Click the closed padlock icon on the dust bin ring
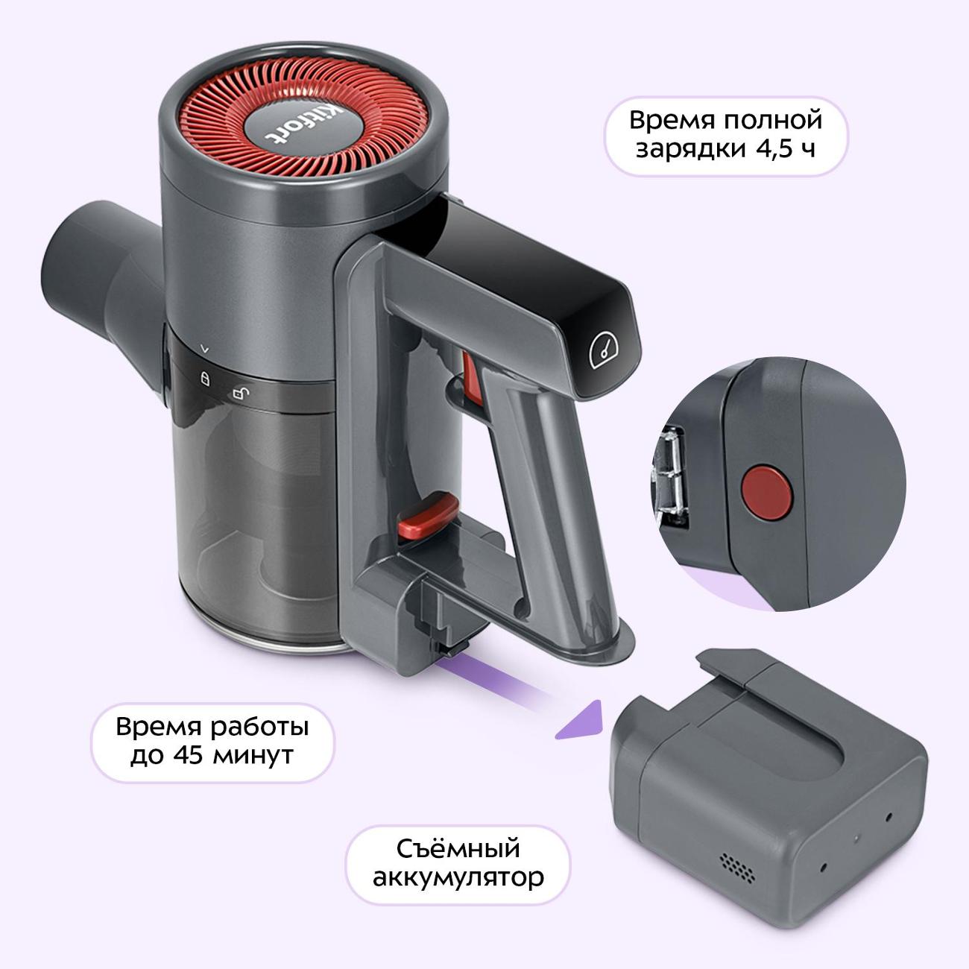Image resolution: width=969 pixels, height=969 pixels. click(x=205, y=378)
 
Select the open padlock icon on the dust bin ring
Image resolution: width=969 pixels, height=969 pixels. click(x=241, y=394)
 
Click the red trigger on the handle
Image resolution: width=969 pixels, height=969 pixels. click(x=472, y=379)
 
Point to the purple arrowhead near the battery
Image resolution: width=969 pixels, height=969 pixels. click(x=581, y=721)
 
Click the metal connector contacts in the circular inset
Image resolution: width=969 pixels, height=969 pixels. click(x=672, y=477)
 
